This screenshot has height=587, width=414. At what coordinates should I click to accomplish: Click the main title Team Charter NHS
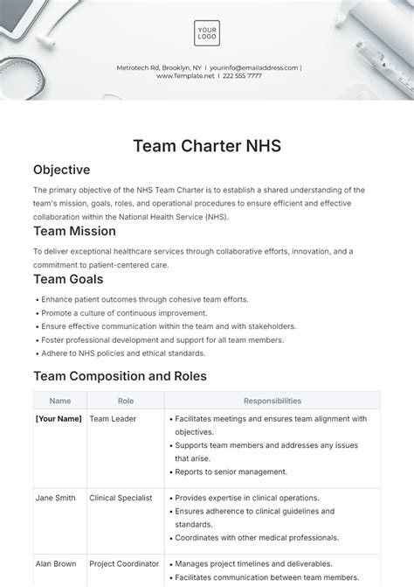coord(207,145)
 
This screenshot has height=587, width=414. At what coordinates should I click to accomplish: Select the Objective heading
coord(61,170)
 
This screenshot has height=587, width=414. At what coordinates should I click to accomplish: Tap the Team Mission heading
coord(74,232)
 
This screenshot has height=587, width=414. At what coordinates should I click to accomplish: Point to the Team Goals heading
coord(68,279)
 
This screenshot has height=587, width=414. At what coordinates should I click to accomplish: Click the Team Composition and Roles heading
coord(120,376)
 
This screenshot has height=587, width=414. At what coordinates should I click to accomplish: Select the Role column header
coord(126,401)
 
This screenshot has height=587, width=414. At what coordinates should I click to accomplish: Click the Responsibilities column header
coord(273,401)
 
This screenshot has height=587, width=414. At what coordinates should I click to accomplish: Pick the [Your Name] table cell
coord(59,419)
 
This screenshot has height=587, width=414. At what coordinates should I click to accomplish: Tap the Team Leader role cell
coord(114,419)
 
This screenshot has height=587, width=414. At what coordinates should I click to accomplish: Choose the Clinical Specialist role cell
coord(121,498)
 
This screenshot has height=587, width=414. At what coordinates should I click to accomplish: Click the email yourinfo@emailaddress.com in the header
coord(252,67)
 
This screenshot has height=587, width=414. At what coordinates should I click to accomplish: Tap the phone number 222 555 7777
coord(241,76)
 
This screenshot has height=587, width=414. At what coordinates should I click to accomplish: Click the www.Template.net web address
coord(185,76)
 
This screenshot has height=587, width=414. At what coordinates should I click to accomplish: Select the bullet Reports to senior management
coord(232,472)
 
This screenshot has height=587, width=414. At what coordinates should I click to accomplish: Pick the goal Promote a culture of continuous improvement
coord(124,312)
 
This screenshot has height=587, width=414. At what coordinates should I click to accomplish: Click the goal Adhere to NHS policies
coord(122,353)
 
